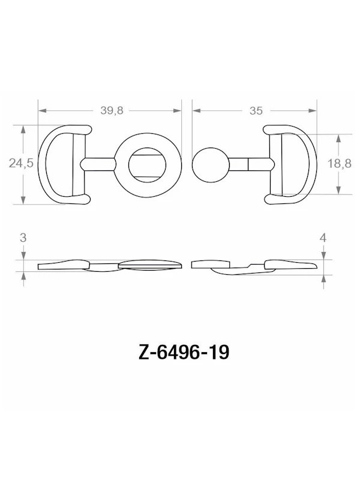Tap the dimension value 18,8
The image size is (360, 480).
(339, 164)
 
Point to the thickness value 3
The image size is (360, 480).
(23, 238)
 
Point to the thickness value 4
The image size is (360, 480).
(323, 238)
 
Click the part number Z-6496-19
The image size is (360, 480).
(179, 353)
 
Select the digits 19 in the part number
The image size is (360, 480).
(217, 353)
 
